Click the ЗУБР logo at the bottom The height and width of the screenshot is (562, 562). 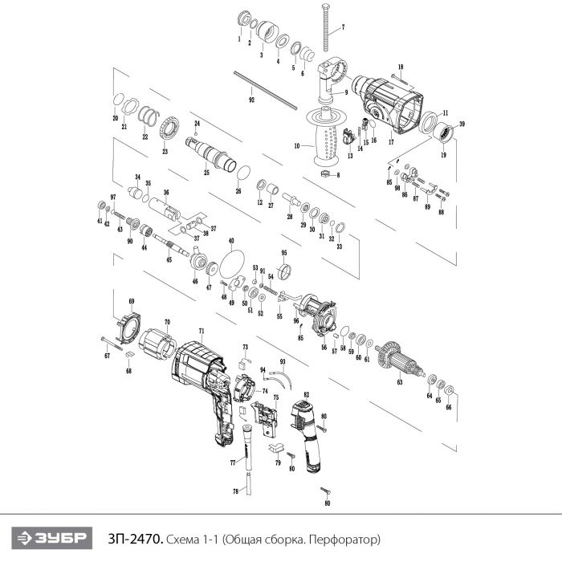click(51, 538)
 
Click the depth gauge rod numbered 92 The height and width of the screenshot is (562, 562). click(265, 90)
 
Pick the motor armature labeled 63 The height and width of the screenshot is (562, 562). click(401, 360)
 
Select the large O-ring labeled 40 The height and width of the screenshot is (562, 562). click(232, 263)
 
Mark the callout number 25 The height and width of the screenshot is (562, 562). click(206, 173)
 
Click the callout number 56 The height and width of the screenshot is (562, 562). click(324, 348)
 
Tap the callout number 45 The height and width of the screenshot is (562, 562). click(169, 259)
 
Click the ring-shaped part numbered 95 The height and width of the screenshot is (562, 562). click(284, 271)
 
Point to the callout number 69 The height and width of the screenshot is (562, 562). click(132, 301)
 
